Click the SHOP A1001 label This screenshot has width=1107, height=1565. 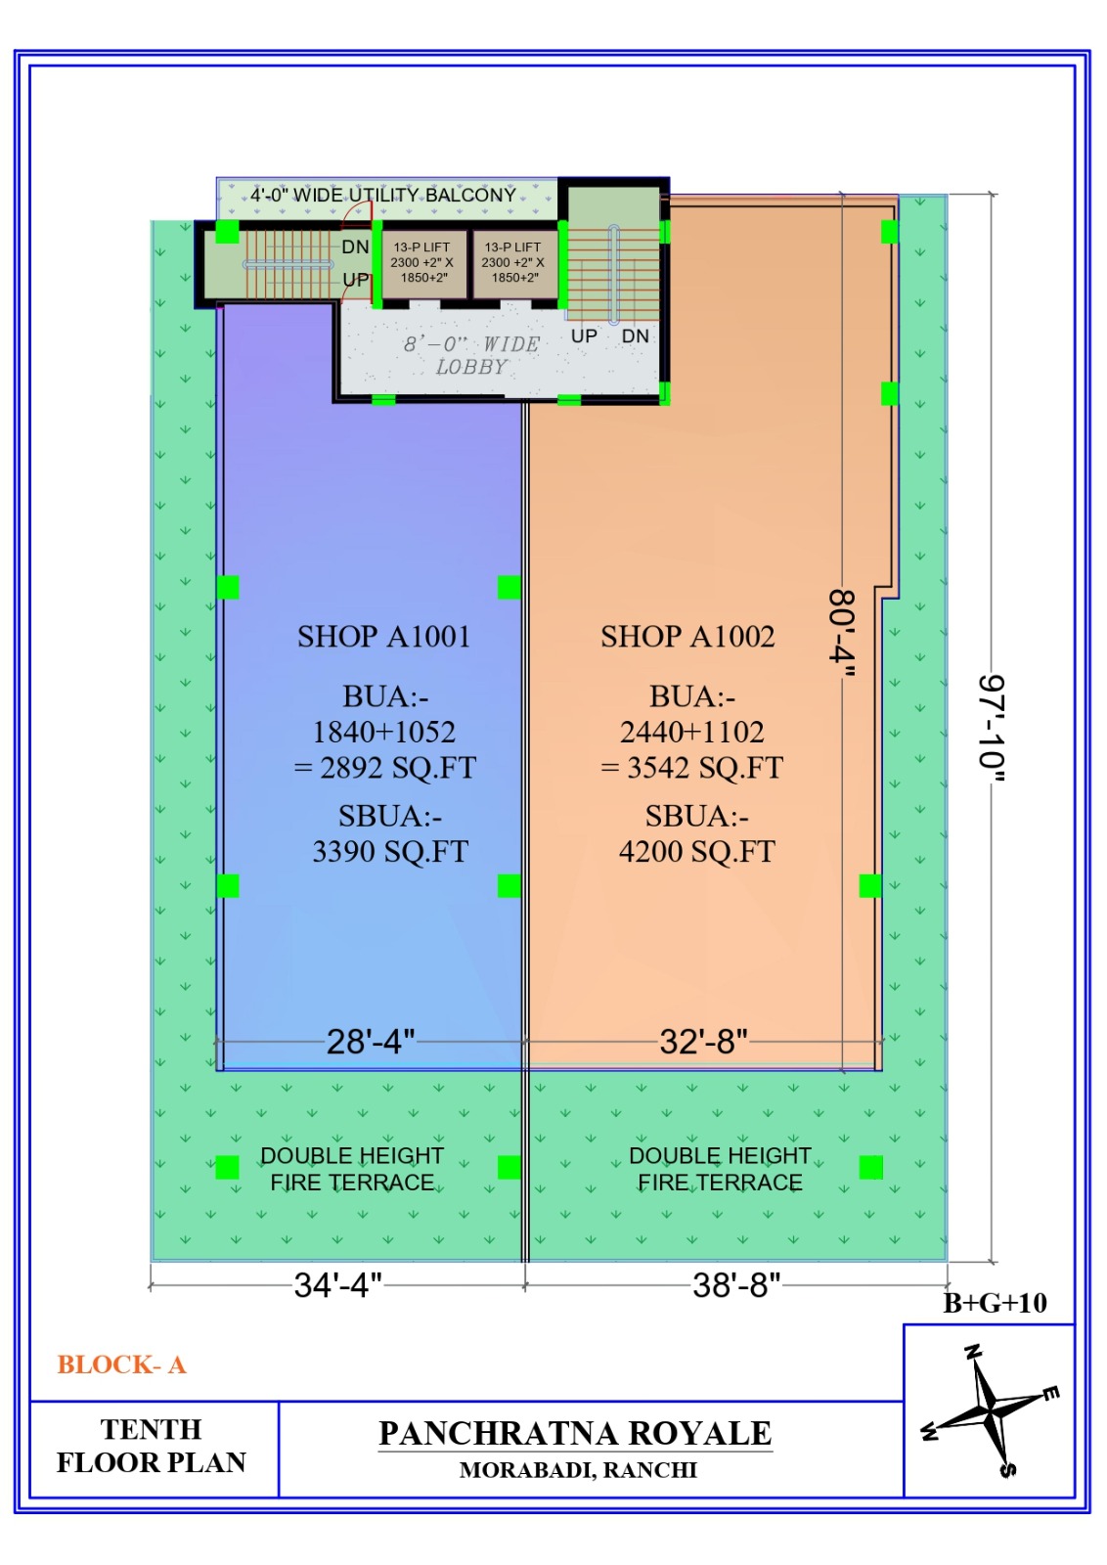point(383,637)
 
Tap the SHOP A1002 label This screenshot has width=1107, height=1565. point(687,637)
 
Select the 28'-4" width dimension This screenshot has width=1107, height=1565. point(371,1042)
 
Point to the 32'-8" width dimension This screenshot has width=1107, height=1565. point(703,1042)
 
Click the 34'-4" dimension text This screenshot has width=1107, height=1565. point(338,1285)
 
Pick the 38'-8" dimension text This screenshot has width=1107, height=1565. point(736,1285)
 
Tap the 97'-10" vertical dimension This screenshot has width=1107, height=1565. point(991,730)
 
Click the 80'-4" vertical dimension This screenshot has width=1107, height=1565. point(842,633)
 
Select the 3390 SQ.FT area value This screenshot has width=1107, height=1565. point(390,852)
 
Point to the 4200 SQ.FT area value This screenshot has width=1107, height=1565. point(696,852)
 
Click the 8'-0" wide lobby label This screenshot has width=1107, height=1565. point(472,355)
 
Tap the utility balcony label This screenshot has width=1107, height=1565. point(383,195)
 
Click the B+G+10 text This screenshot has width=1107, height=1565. point(995,1303)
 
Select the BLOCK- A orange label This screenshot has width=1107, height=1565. point(121,1364)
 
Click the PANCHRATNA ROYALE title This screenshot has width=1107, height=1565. point(575,1433)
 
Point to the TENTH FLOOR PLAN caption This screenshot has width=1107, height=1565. point(151,1446)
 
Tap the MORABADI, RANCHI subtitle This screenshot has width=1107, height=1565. point(578,1470)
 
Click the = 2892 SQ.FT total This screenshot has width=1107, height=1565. point(385,768)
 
